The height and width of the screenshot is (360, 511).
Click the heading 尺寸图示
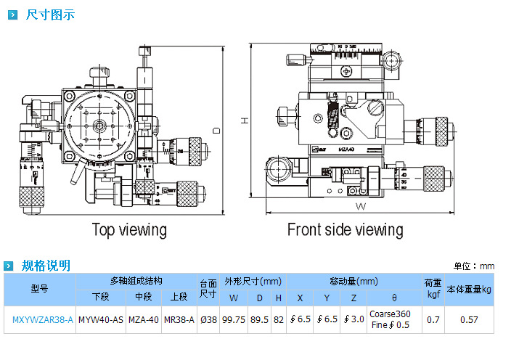click(49, 15)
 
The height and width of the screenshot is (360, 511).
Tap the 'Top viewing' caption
click(129, 230)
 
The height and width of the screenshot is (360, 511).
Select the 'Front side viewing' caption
click(345, 230)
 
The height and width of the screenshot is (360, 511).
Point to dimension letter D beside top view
click(216, 130)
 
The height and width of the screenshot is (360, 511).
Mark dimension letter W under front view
click(361, 205)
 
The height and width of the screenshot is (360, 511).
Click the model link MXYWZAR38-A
click(43, 319)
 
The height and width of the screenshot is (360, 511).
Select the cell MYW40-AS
click(100, 319)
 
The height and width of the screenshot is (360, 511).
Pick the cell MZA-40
click(143, 319)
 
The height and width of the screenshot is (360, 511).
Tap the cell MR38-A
click(179, 319)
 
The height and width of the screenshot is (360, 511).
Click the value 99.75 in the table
click(233, 319)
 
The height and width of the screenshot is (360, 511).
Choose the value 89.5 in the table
click(260, 319)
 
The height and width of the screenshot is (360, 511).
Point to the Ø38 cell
click(208, 319)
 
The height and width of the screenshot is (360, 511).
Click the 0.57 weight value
click(469, 319)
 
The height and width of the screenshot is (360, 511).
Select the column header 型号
click(39, 289)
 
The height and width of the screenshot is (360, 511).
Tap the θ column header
click(394, 298)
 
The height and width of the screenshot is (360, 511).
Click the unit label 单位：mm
click(474, 266)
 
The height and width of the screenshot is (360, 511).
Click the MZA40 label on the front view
click(346, 148)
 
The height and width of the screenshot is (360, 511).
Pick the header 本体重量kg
click(468, 289)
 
